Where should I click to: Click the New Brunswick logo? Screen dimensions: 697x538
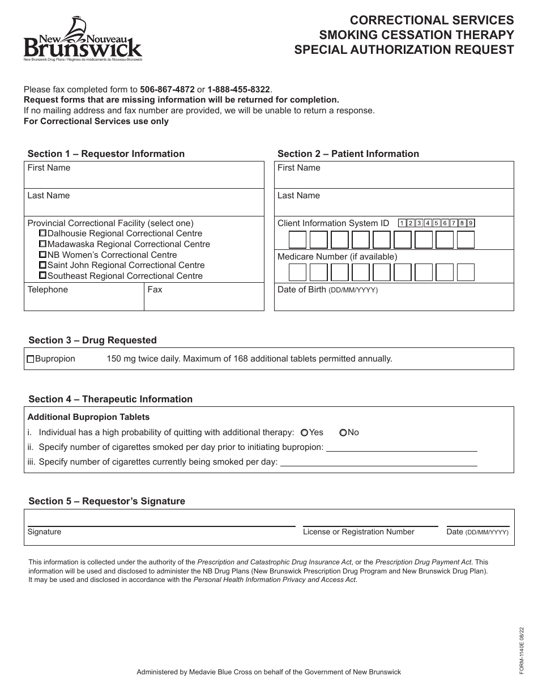tap(82, 39)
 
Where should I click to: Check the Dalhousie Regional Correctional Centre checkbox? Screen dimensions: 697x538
tap(42, 233)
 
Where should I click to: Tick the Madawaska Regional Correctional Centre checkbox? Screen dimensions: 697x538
tap(42, 244)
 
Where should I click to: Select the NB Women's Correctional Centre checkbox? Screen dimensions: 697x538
tap(42, 255)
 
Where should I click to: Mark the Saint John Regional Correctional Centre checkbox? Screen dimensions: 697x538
tap(42, 265)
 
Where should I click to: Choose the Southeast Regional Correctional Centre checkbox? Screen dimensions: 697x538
tap(42, 276)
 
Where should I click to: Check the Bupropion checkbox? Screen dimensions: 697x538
tap(31, 359)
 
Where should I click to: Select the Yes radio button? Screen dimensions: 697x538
tap(304, 432)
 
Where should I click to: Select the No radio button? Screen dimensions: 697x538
tap(343, 432)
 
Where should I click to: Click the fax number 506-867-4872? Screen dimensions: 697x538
tap(167, 90)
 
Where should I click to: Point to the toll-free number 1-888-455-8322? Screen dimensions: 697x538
tap(239, 90)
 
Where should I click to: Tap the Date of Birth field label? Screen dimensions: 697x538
tap(327, 290)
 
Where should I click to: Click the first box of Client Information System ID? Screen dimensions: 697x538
tap(297, 240)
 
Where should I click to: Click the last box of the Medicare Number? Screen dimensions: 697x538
tap(465, 273)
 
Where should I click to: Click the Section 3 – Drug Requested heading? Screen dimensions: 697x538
tap(92, 340)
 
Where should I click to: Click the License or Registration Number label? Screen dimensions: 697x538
tap(358, 532)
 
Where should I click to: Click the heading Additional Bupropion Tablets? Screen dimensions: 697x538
tap(88, 417)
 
